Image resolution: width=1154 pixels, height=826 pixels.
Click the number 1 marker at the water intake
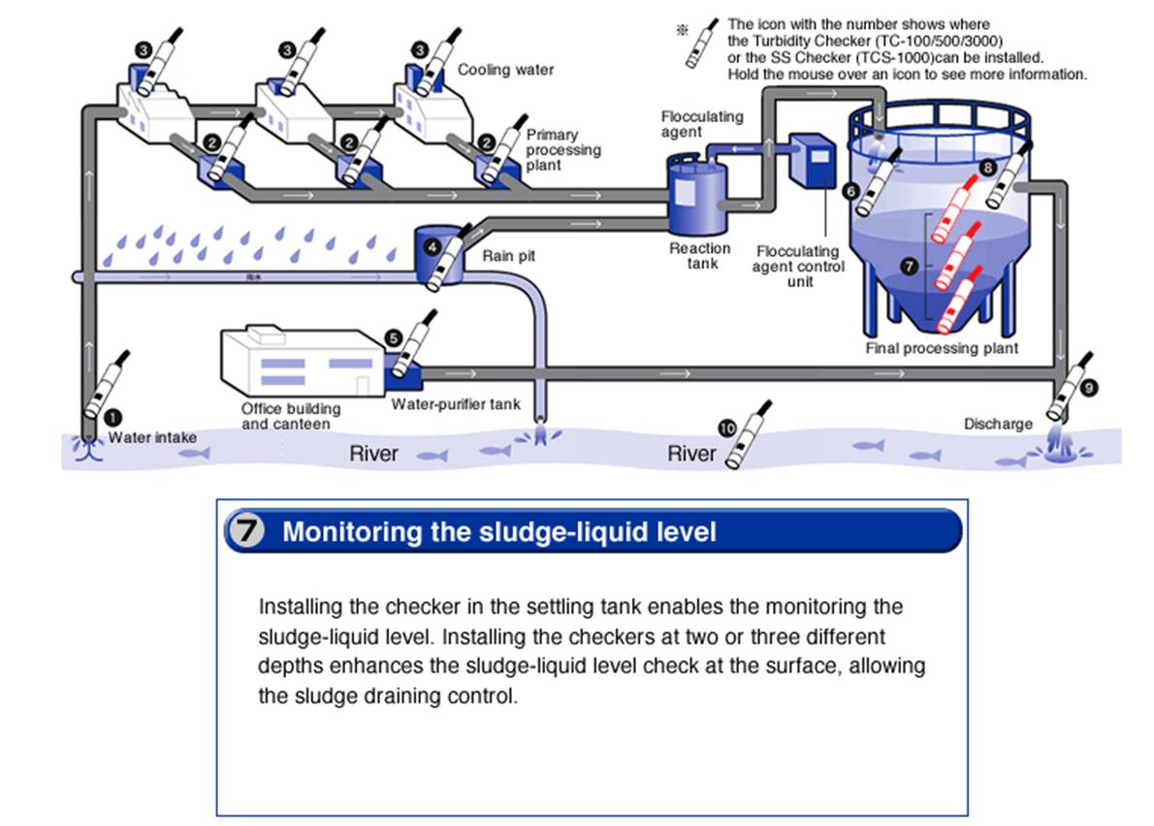[113, 416]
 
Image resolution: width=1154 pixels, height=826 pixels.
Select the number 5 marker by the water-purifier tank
[393, 337]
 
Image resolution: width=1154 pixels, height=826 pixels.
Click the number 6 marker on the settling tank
[850, 191]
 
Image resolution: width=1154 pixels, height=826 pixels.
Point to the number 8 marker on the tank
[987, 167]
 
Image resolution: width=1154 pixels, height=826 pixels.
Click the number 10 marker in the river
[726, 428]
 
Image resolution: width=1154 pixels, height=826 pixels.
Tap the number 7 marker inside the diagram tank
[909, 265]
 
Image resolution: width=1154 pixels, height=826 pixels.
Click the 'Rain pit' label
[508, 257]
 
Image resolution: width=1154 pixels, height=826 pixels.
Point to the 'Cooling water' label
[505, 70]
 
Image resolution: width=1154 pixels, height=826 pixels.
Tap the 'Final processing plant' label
[942, 348]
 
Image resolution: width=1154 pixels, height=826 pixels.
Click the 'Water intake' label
[152, 437]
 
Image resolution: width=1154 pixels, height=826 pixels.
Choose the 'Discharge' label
[998, 424]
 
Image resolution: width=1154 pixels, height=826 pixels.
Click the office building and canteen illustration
[297, 364]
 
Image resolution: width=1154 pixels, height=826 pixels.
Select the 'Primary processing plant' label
[563, 150]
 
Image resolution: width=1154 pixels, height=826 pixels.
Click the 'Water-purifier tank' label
[456, 404]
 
